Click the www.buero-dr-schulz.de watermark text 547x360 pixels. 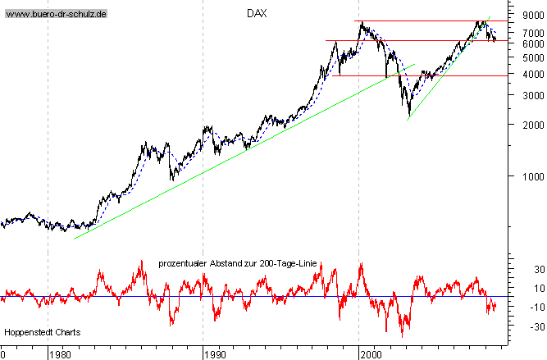56,15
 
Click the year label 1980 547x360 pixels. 59,354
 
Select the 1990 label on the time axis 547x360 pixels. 215,354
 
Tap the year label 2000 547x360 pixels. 371,354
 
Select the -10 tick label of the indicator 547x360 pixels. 515,307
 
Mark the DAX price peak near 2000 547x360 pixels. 362,23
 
